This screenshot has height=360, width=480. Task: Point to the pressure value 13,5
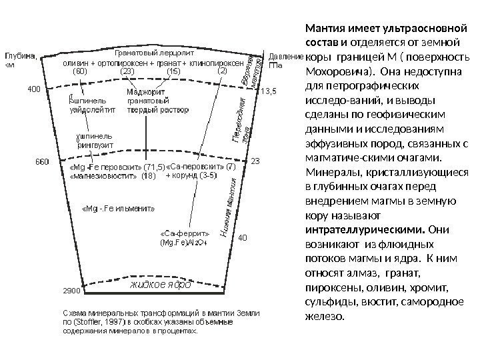(x=268, y=91)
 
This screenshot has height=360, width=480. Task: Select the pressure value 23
(x=254, y=161)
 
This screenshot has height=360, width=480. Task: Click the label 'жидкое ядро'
(x=161, y=285)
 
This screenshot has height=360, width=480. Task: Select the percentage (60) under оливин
(x=80, y=71)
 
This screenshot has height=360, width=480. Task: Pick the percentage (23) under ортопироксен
(x=127, y=71)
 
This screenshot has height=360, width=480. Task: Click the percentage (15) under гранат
(x=173, y=71)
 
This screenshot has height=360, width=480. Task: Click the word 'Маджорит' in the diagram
(x=142, y=91)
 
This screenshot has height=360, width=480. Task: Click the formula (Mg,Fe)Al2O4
(x=183, y=243)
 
